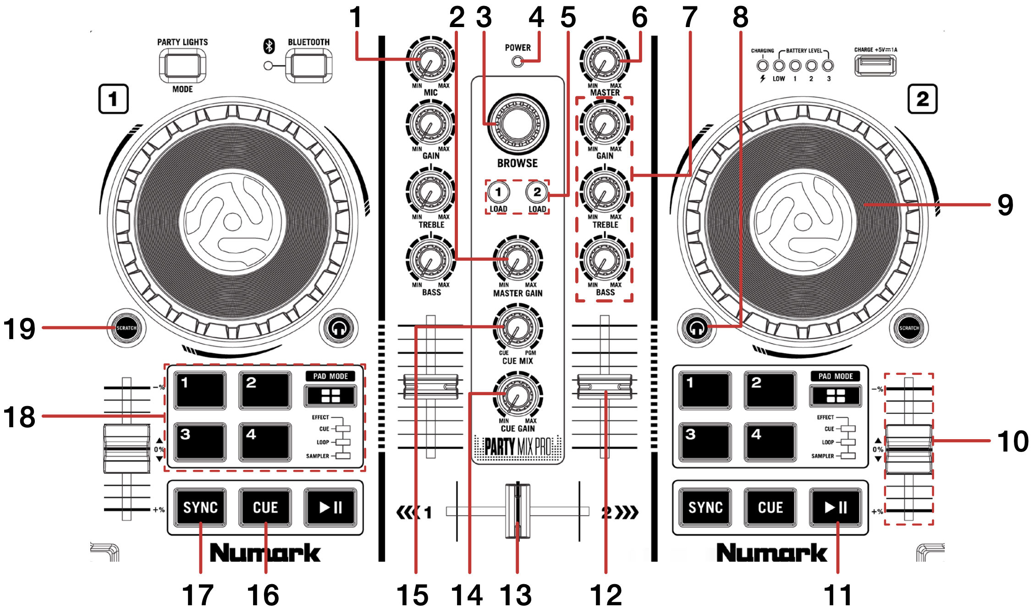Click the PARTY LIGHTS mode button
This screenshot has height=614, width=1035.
coord(182,66)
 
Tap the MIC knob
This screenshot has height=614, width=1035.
coord(430,61)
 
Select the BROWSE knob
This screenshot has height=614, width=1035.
coord(517,124)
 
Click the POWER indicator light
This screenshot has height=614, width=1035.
coord(517,61)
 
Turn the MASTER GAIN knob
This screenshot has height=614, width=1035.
coord(517,261)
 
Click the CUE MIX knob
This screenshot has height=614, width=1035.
coord(517,329)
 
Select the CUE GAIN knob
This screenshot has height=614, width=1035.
coord(517,396)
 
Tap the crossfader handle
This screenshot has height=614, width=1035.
coord(517,511)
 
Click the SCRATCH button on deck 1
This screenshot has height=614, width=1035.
coord(126,328)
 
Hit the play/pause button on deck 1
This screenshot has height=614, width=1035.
coord(330,507)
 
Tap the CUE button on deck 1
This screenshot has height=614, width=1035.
coord(265,507)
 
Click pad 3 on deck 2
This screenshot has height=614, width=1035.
coord(705,441)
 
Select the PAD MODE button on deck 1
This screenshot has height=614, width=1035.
coord(330,396)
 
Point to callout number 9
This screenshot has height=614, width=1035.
coord(1005,205)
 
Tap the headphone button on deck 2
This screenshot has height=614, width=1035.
coord(696,329)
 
